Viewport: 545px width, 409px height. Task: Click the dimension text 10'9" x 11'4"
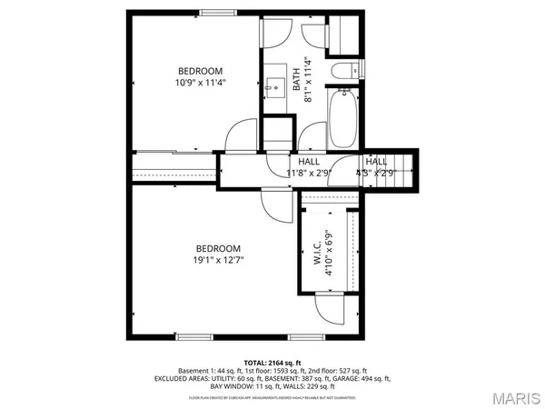201,82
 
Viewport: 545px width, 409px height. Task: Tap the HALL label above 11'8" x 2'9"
308,161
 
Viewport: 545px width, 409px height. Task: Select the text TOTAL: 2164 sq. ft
272,363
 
